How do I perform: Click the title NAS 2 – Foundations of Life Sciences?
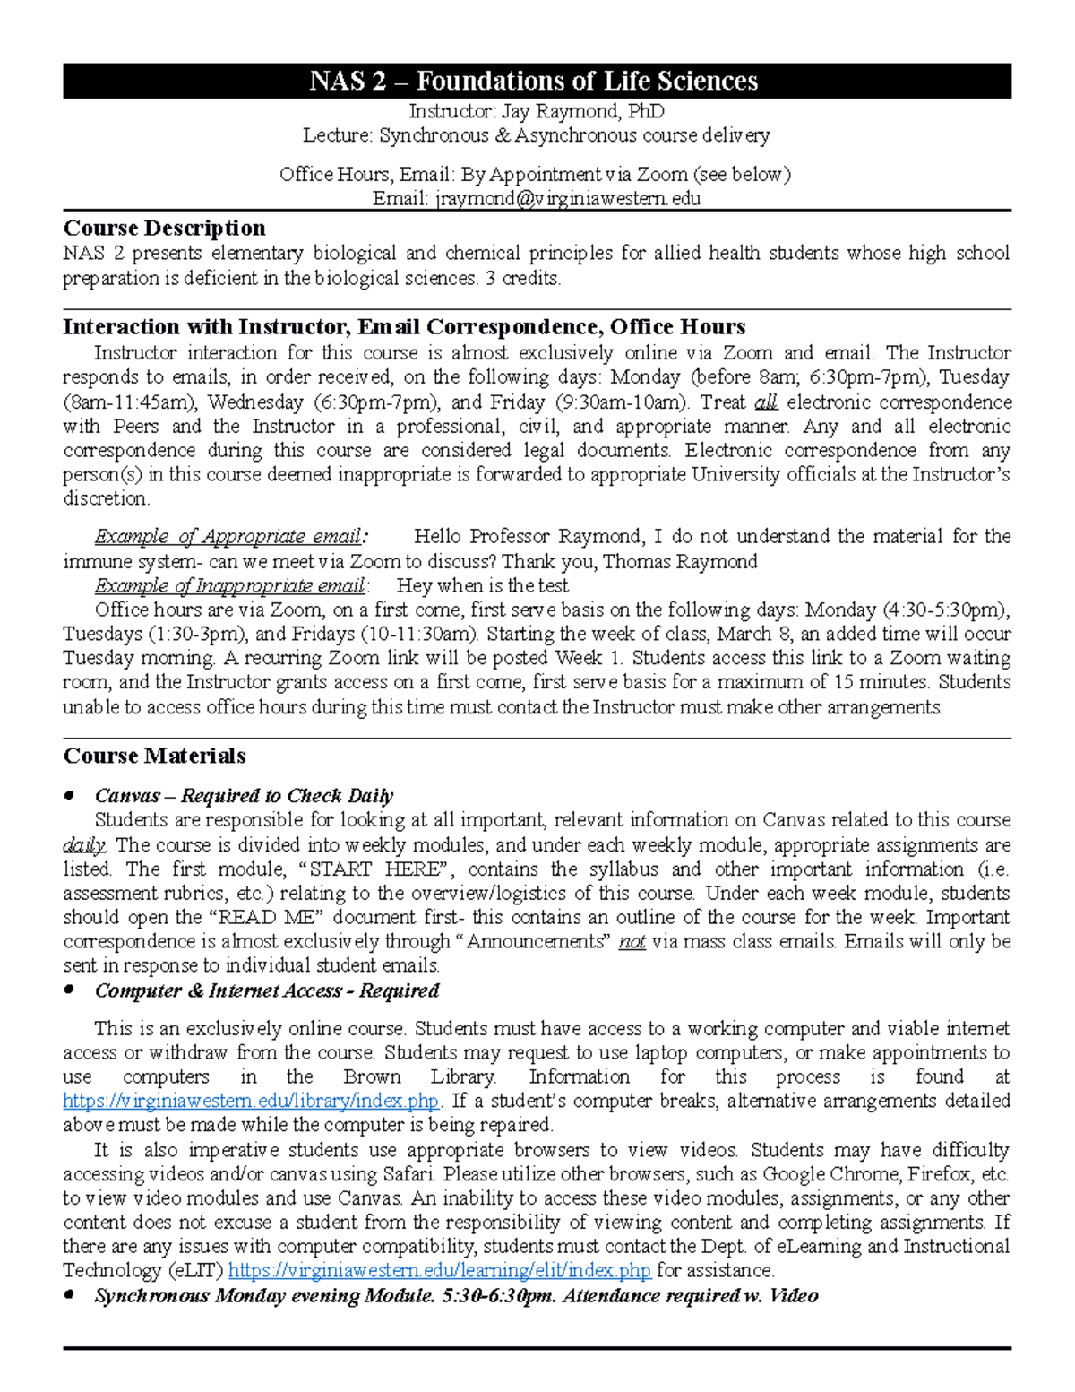click(x=534, y=82)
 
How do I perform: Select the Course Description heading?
click(x=164, y=228)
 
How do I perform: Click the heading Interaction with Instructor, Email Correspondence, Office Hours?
click(x=404, y=326)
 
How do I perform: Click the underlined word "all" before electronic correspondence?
click(x=766, y=402)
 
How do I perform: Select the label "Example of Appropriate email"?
click(x=228, y=537)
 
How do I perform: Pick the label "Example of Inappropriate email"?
click(x=229, y=585)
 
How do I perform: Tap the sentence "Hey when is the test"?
click(x=482, y=585)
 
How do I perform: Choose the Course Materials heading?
click(x=154, y=756)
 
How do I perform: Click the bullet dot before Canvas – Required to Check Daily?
click(x=69, y=796)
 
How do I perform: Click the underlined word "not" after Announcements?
click(x=632, y=942)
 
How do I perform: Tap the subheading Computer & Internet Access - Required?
click(x=267, y=990)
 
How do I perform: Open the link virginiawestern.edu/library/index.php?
click(x=251, y=1101)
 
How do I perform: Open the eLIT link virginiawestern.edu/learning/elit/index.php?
click(x=440, y=1270)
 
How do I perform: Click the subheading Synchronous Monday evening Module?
click(x=455, y=1295)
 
